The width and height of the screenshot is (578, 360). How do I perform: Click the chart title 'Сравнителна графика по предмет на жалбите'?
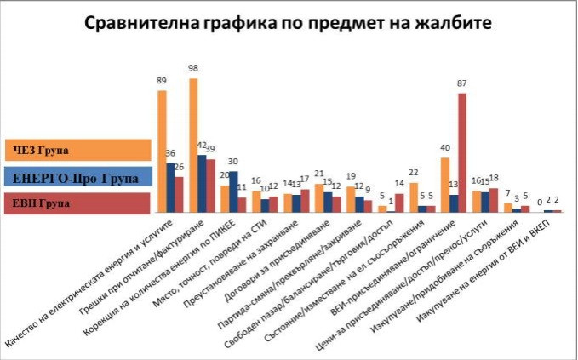[x=289, y=23]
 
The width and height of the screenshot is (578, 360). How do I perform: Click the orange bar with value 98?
[x=193, y=145]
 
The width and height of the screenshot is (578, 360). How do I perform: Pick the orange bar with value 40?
[x=444, y=184]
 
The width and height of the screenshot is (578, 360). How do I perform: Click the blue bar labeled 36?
[x=170, y=187]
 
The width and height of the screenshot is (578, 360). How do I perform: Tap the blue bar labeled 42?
[x=202, y=183]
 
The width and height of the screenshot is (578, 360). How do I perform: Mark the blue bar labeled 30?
[x=233, y=191]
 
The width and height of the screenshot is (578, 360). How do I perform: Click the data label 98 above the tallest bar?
[x=193, y=68]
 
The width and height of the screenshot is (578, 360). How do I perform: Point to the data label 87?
[x=462, y=83]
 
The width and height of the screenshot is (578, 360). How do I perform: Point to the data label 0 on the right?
[x=540, y=202]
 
